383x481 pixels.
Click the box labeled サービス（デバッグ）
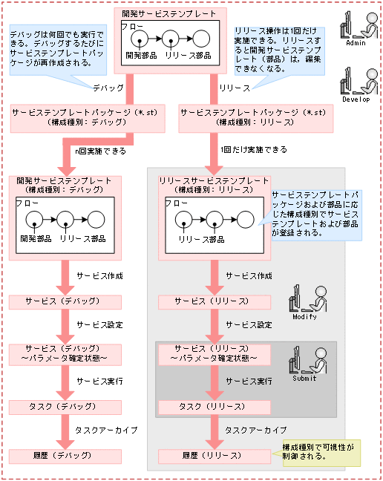tap(59, 302)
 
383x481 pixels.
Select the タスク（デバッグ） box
tap(59, 407)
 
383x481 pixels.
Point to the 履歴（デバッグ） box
tap(59, 456)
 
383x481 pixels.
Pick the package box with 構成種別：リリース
tap(253, 117)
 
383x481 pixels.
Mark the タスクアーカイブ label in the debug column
tap(105, 431)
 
